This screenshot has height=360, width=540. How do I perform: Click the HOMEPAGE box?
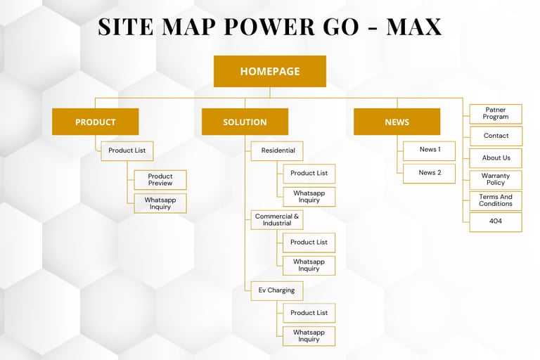coord(270,71)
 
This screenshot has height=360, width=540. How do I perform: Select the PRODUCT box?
coord(95,122)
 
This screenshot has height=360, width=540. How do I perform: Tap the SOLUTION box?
coord(245,122)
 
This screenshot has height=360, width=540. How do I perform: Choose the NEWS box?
coord(397,122)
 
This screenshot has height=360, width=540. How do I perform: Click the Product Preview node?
coord(160,180)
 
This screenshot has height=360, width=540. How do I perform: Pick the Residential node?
coord(277,150)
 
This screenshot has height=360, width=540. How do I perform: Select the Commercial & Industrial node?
coord(277,220)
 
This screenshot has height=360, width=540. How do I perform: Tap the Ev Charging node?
coord(277,290)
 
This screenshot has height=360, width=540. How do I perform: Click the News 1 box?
coord(430,150)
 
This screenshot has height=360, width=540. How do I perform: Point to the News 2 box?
coord(430,173)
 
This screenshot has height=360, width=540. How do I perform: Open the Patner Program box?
coord(496,114)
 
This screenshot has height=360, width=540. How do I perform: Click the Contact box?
coord(496,136)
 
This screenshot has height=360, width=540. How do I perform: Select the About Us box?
coord(496,158)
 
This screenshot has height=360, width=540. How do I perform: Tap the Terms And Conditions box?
coord(496,201)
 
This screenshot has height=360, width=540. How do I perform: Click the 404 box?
coord(496,221)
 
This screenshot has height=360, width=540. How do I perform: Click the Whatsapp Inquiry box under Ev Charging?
coord(309,336)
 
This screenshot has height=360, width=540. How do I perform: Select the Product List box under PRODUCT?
coord(127,150)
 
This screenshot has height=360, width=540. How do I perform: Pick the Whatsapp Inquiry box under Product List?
coord(160,203)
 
